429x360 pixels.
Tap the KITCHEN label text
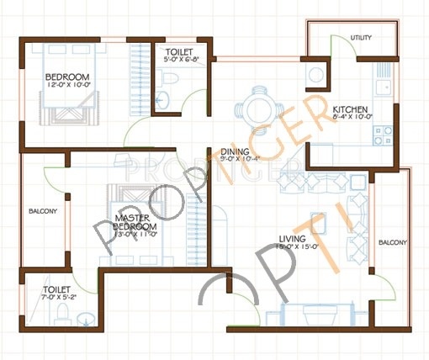click(x=349, y=110)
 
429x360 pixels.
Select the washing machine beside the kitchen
click(x=318, y=73)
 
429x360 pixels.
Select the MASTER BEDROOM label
click(x=136, y=223)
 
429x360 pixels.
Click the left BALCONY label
click(x=42, y=211)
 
